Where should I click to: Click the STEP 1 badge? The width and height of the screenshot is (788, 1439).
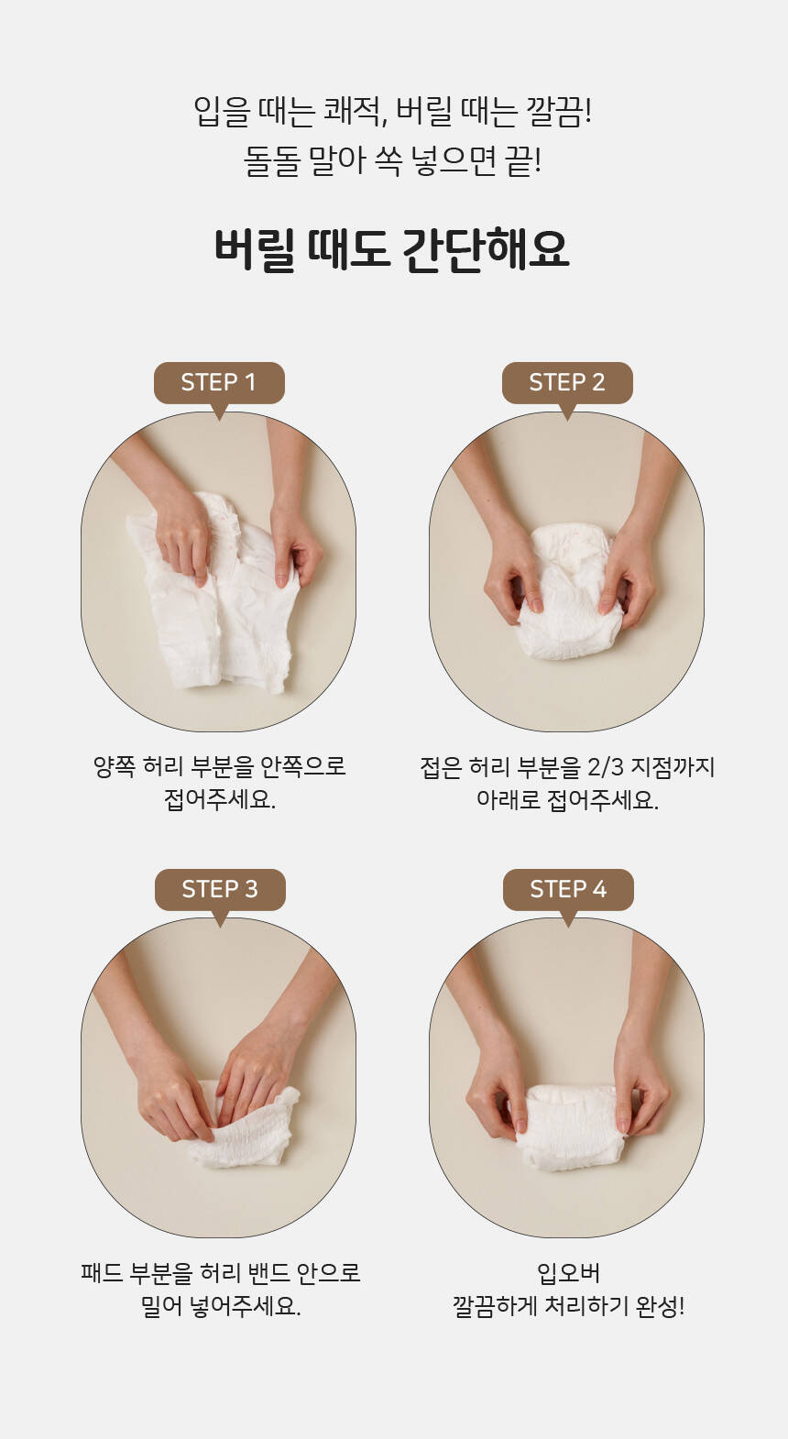[219, 383]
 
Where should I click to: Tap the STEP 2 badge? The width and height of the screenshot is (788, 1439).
[567, 383]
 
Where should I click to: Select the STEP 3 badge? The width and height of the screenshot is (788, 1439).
[220, 890]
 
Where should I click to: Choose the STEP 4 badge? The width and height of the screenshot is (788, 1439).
[568, 890]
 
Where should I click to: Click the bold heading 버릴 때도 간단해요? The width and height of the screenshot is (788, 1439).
[392, 249]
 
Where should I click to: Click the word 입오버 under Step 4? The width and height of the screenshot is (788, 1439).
[568, 1272]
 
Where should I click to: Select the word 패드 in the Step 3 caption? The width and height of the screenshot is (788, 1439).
[102, 1272]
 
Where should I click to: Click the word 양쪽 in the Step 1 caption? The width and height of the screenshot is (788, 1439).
[114, 766]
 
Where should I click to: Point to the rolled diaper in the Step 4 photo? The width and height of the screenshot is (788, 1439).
[568, 1126]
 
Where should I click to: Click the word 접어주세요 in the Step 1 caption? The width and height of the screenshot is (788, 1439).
[219, 800]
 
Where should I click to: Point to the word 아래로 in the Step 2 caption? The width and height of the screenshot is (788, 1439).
[508, 800]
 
